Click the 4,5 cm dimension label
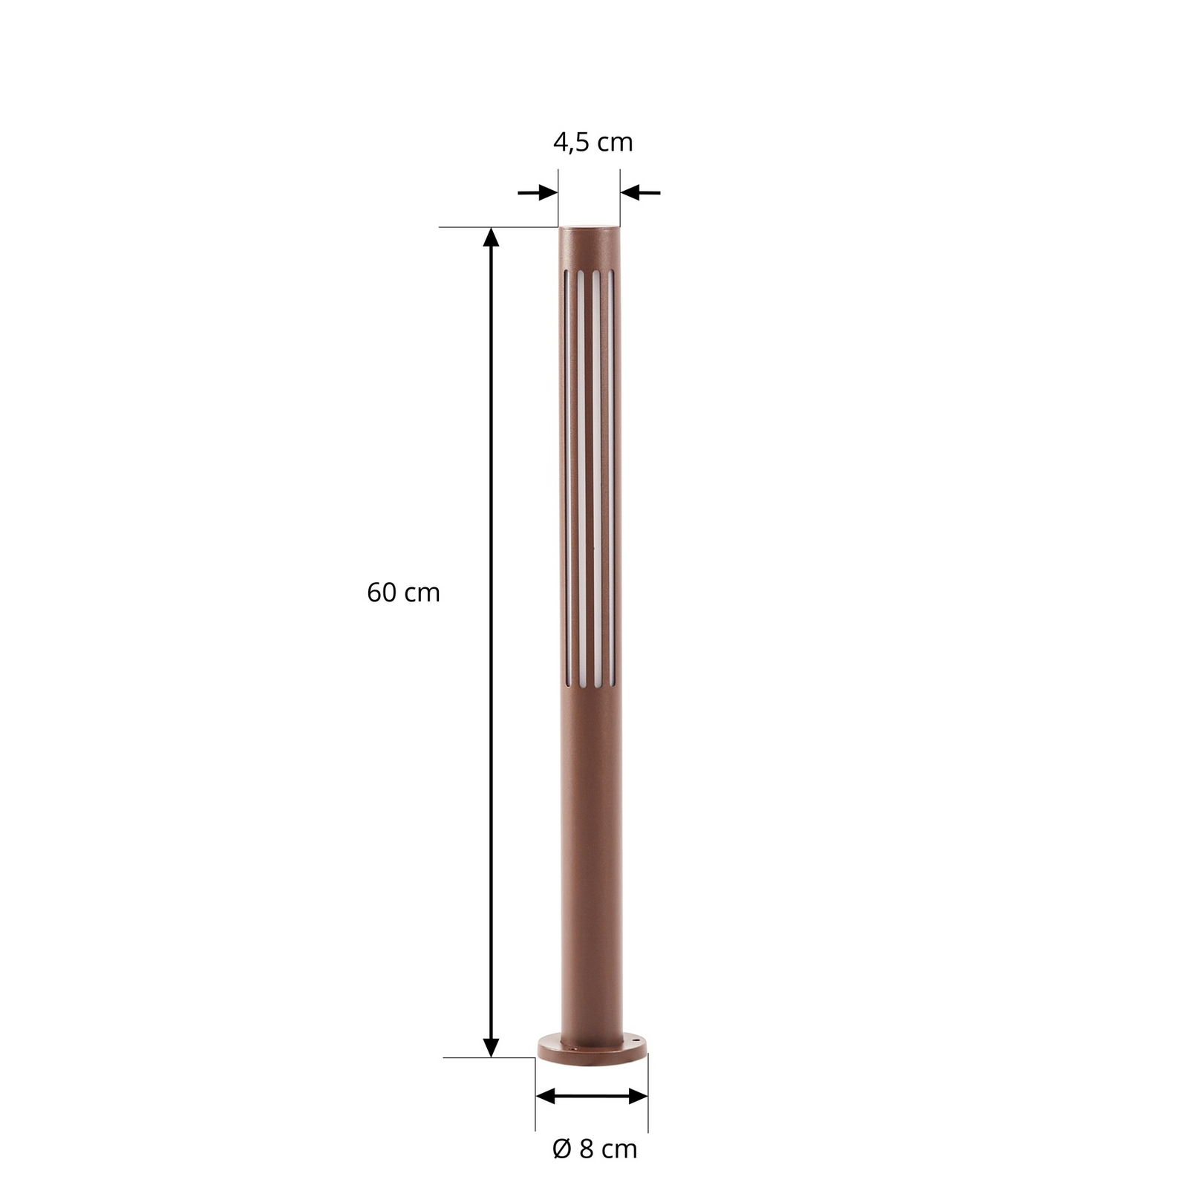(593, 142)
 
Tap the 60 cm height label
(403, 593)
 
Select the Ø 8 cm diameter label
(595, 1149)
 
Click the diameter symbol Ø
(561, 1149)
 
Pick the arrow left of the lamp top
(538, 193)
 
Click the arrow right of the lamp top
(640, 193)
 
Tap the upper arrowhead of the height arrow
(491, 237)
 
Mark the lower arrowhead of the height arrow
(491, 1047)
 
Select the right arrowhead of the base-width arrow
(638, 1096)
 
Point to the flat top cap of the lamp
(590, 225)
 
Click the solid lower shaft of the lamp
(591, 854)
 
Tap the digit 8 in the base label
(586, 1149)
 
